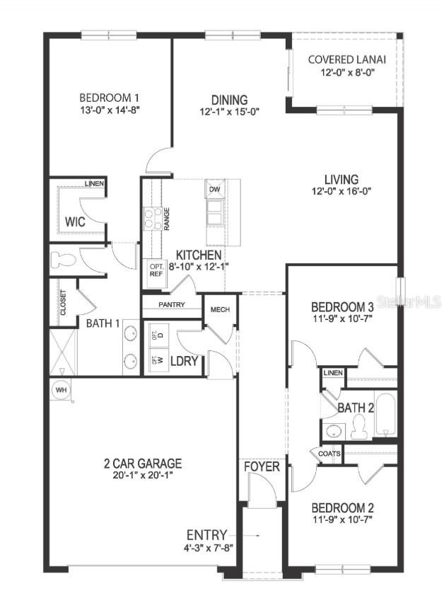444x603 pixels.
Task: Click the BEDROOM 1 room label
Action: coord(108,98)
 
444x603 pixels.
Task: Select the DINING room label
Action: coord(229,100)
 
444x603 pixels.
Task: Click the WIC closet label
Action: coord(75,222)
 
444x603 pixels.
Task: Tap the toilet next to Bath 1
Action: coord(62,258)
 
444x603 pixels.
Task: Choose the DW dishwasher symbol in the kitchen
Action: coord(214,189)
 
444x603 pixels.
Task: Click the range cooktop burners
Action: coord(152,219)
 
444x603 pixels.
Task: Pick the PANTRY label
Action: coord(172,305)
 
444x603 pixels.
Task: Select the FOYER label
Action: coord(262,467)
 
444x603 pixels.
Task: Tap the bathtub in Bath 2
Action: coord(386,416)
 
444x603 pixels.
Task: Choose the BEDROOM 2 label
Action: coord(342,508)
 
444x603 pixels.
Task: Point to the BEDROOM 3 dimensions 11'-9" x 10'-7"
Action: coord(342,320)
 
